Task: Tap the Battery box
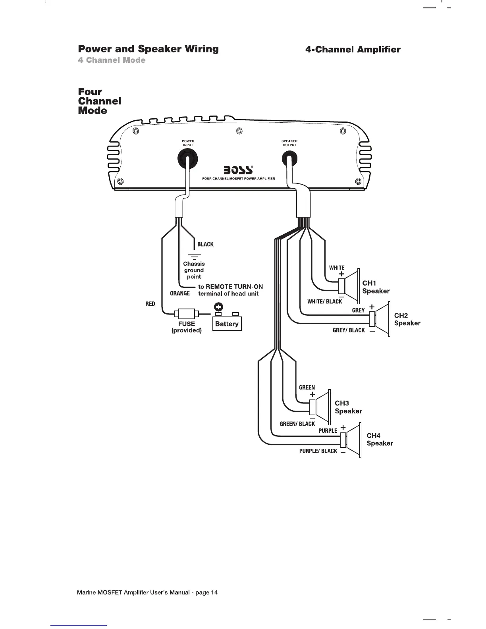point(227,324)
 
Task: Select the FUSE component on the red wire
point(186,313)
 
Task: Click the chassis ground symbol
point(194,256)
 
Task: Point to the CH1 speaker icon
point(349,285)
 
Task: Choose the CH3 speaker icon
point(320,406)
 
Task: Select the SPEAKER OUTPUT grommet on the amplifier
point(289,160)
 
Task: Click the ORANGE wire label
point(180,293)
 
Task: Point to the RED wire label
point(150,304)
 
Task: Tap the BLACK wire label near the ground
point(205,244)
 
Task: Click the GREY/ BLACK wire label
point(349,330)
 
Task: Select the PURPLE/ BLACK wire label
point(318,451)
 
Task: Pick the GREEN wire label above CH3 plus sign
point(307,388)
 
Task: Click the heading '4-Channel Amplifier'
point(353,50)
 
